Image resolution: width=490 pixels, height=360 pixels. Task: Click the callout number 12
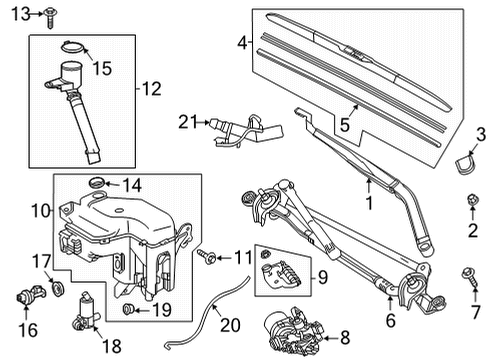click(150, 88)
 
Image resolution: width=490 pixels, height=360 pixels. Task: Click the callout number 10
click(40, 213)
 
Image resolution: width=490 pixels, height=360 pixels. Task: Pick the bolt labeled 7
click(466, 272)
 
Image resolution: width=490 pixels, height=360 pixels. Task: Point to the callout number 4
click(241, 43)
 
